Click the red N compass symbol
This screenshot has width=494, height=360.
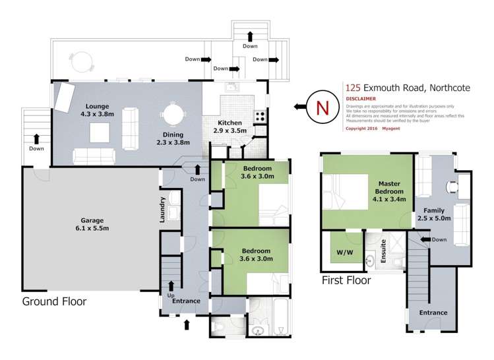click(x=321, y=107)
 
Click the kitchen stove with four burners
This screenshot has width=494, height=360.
click(x=259, y=115)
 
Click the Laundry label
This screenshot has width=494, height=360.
click(x=162, y=210)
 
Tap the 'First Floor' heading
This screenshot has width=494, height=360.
click(x=346, y=280)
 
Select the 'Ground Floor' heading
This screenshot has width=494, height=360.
click(x=54, y=301)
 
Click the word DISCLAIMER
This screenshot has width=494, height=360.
click(x=361, y=99)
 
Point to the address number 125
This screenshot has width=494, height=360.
click(x=354, y=87)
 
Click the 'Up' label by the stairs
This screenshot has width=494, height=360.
click(x=170, y=294)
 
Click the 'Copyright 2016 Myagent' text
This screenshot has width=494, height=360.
click(x=371, y=129)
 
